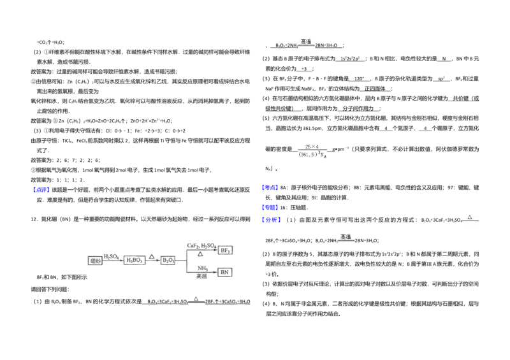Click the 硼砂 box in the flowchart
(95, 260)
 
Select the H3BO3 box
(135, 260)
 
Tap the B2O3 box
(168, 260)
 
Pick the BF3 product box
(225, 250)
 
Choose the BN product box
(225, 272)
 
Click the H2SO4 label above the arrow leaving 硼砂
(111, 256)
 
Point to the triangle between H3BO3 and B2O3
(152, 256)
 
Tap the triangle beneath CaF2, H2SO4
(200, 254)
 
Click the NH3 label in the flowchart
(202, 268)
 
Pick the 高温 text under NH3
(201, 277)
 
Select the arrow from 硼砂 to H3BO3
(112, 261)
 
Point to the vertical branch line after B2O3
(186, 261)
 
